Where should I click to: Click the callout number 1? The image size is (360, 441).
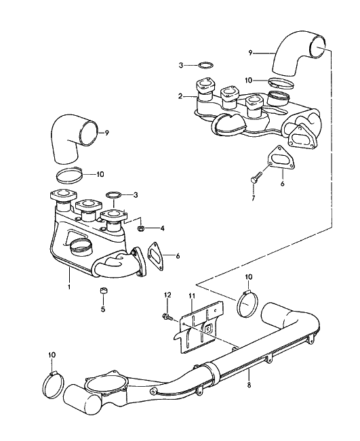pyautogui.click(x=69, y=287)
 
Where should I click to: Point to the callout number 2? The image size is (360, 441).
pyautogui.click(x=180, y=96)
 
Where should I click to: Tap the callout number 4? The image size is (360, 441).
pyautogui.click(x=162, y=228)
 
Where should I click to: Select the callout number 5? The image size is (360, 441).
pyautogui.click(x=103, y=310)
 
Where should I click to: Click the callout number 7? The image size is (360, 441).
pyautogui.click(x=254, y=198)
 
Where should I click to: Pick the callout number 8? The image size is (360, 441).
pyautogui.click(x=249, y=385)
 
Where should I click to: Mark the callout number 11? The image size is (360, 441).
pyautogui.click(x=192, y=296)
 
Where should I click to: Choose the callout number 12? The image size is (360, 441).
pyautogui.click(x=167, y=295)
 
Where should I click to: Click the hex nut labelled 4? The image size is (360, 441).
pyautogui.click(x=140, y=229)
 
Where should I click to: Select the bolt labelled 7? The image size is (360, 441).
pyautogui.click(x=256, y=178)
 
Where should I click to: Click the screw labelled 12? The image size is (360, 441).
pyautogui.click(x=168, y=318)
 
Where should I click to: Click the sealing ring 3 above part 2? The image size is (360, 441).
pyautogui.click(x=205, y=65)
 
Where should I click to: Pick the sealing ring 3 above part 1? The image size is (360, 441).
pyautogui.click(x=113, y=194)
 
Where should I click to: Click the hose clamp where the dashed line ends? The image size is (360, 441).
pyautogui.click(x=247, y=304)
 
